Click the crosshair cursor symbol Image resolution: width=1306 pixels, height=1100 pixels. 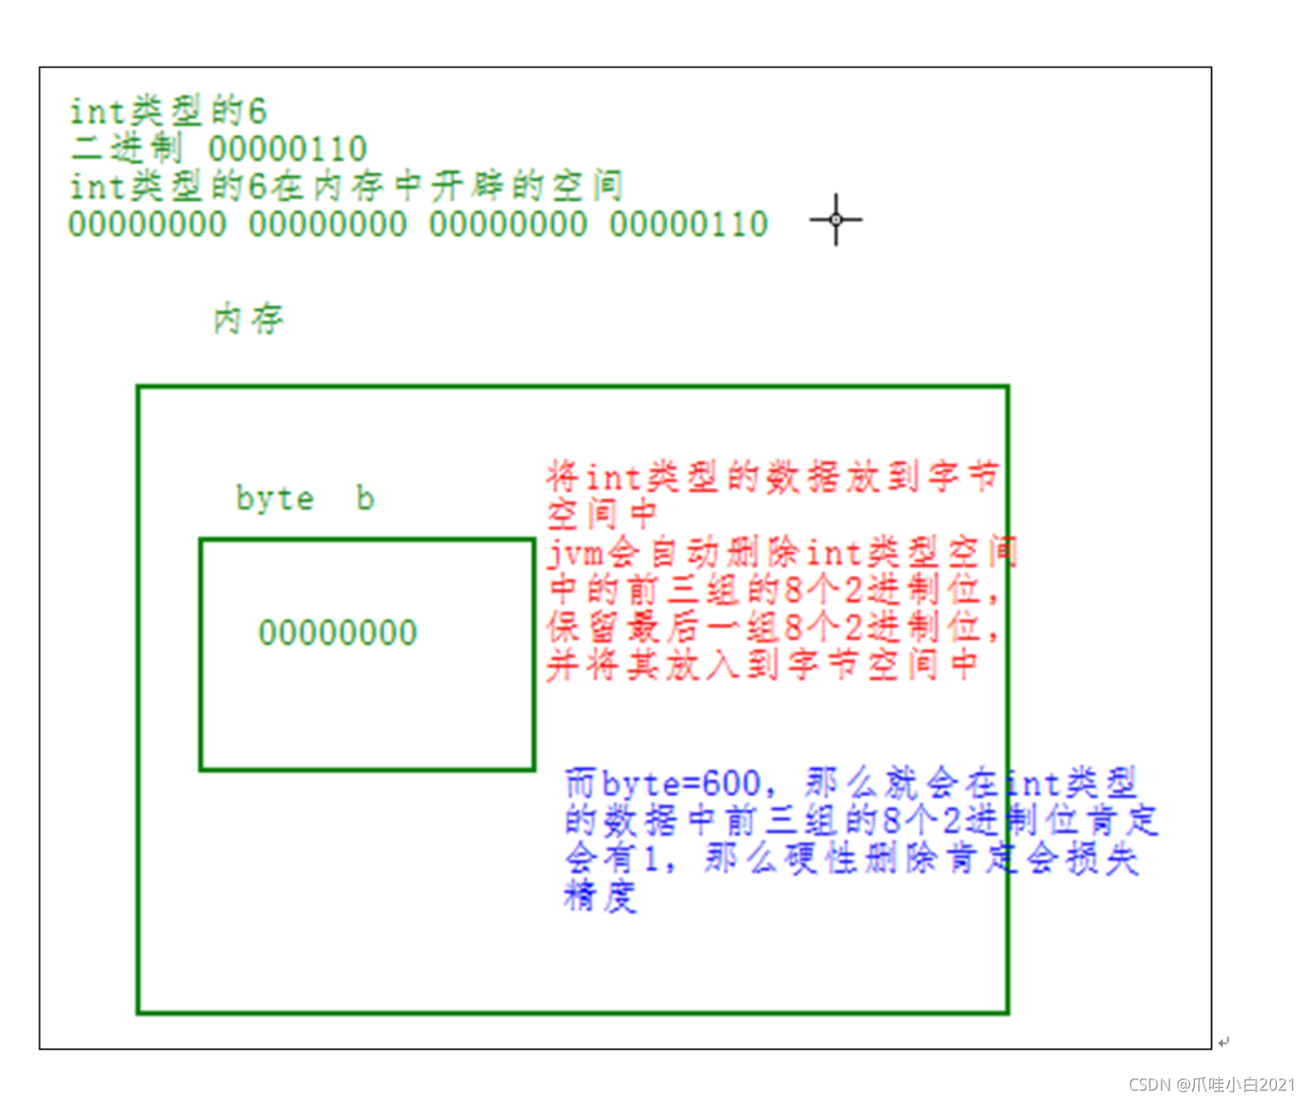pos(835,219)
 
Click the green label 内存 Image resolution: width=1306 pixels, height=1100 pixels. pos(248,319)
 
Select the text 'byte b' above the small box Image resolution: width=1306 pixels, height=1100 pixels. pos(304,498)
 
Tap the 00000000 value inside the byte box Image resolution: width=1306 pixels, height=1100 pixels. pos(337,633)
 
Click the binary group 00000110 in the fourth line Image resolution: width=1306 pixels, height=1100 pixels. pos(688,225)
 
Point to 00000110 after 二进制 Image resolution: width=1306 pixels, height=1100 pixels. pos(288,149)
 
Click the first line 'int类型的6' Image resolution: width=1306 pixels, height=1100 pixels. pos(167,111)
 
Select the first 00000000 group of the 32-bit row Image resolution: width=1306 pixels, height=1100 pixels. pos(147,225)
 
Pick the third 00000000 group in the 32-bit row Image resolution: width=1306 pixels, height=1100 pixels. pos(508,225)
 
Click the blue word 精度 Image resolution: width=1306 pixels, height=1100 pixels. pos(600,897)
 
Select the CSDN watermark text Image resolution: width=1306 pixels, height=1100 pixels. pos(1212,1084)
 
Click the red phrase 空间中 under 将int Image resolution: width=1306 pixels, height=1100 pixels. pos(601,514)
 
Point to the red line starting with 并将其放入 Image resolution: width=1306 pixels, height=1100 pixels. pos(760,665)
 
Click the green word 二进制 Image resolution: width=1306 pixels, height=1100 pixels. pos(126,149)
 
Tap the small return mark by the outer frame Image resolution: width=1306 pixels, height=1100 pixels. pos(1224,1042)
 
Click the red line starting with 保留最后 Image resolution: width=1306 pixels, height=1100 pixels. pos(772,628)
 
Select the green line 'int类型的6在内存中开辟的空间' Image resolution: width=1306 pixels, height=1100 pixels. pos(345,186)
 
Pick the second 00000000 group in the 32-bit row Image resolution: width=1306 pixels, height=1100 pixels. pos(327,225)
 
